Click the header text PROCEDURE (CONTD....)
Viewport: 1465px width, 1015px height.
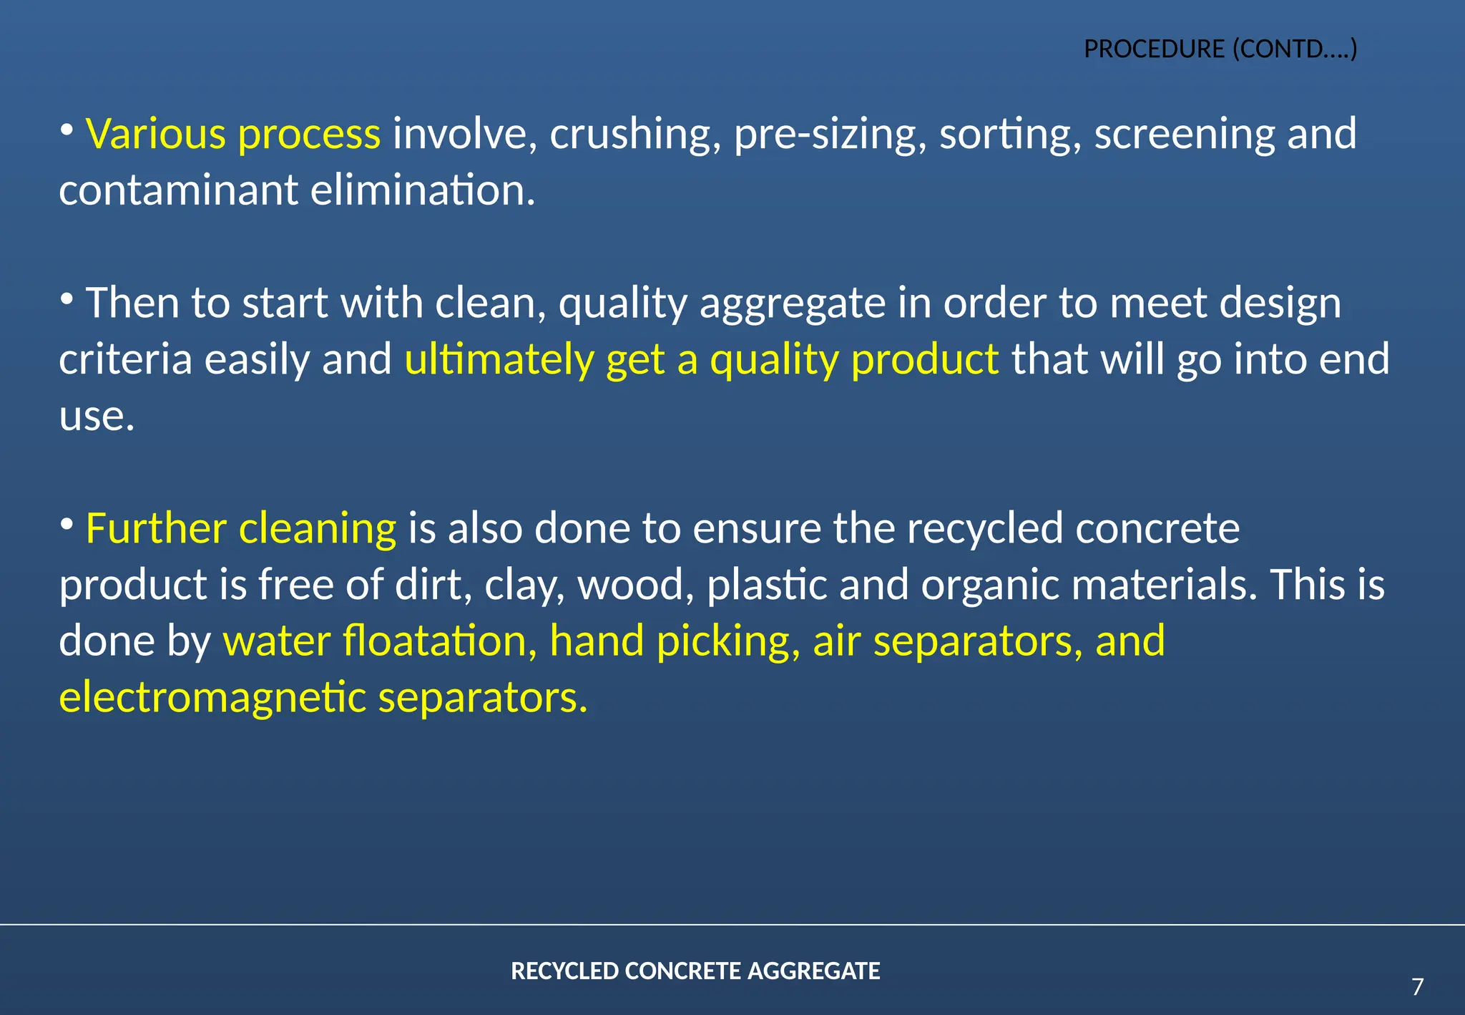point(1220,49)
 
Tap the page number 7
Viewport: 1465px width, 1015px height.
point(1418,987)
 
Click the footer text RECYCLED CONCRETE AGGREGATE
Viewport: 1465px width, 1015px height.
point(695,971)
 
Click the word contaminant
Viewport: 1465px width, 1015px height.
point(178,190)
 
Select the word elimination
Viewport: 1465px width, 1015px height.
point(423,190)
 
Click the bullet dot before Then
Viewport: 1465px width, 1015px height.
point(67,298)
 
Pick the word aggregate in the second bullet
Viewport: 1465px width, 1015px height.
point(792,303)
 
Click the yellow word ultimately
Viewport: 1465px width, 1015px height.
point(499,359)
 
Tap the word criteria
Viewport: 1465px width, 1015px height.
point(125,359)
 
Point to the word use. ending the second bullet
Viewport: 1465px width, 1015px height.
point(97,416)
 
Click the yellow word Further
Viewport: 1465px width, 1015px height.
point(155,529)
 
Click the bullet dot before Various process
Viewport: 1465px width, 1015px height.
point(67,130)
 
